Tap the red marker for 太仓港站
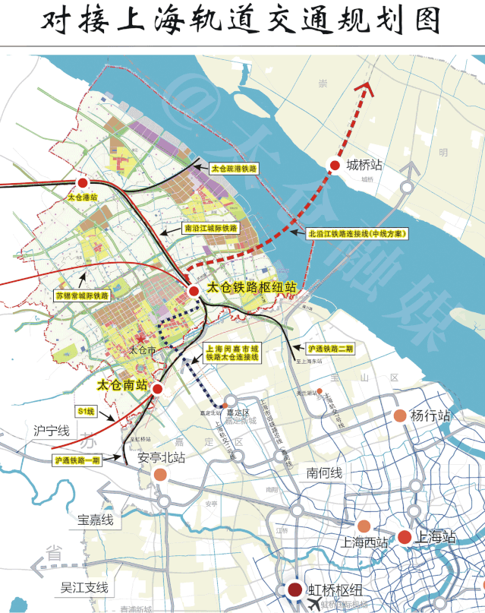(x=83, y=184)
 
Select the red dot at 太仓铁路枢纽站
(x=195, y=290)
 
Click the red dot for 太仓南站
(x=157, y=388)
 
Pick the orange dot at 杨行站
(x=399, y=416)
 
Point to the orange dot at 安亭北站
(x=160, y=475)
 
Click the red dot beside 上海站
(x=404, y=537)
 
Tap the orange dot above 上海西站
(x=364, y=526)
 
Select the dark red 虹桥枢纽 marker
(x=294, y=589)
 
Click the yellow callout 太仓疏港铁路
(x=234, y=168)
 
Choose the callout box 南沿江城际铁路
(x=211, y=227)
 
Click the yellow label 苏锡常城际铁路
(x=83, y=295)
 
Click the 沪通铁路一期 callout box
(x=77, y=460)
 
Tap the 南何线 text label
(x=324, y=472)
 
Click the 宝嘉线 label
(x=95, y=520)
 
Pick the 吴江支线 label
(x=85, y=587)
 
